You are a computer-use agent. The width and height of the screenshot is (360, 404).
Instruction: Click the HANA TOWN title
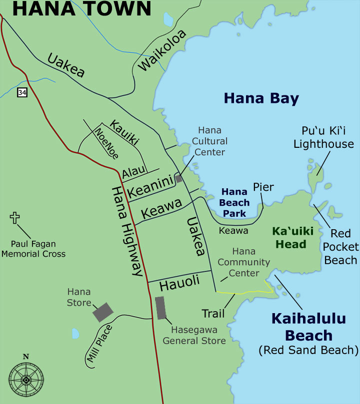click(x=82, y=9)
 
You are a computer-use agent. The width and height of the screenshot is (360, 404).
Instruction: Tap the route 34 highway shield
click(x=22, y=92)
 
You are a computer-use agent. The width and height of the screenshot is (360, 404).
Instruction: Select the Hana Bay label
click(x=261, y=98)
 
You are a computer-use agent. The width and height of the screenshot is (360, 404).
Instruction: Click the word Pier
click(x=263, y=187)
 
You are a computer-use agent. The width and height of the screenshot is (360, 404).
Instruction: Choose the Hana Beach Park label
click(x=235, y=202)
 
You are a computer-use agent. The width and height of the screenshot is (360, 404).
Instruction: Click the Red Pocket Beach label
click(x=340, y=247)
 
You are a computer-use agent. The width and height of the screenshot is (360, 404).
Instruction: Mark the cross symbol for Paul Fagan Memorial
click(x=14, y=218)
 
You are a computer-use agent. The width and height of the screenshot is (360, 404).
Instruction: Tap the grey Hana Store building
click(x=103, y=311)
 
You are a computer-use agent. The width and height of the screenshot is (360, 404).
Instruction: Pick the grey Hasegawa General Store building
click(x=160, y=308)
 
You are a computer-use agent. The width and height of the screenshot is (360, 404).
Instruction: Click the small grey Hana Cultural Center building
click(x=178, y=179)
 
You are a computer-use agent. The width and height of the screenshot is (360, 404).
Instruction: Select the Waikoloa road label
click(x=162, y=50)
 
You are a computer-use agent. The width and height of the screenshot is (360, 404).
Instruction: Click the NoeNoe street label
click(x=106, y=143)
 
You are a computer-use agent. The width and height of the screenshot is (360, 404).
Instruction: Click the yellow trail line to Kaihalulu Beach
click(x=245, y=293)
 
